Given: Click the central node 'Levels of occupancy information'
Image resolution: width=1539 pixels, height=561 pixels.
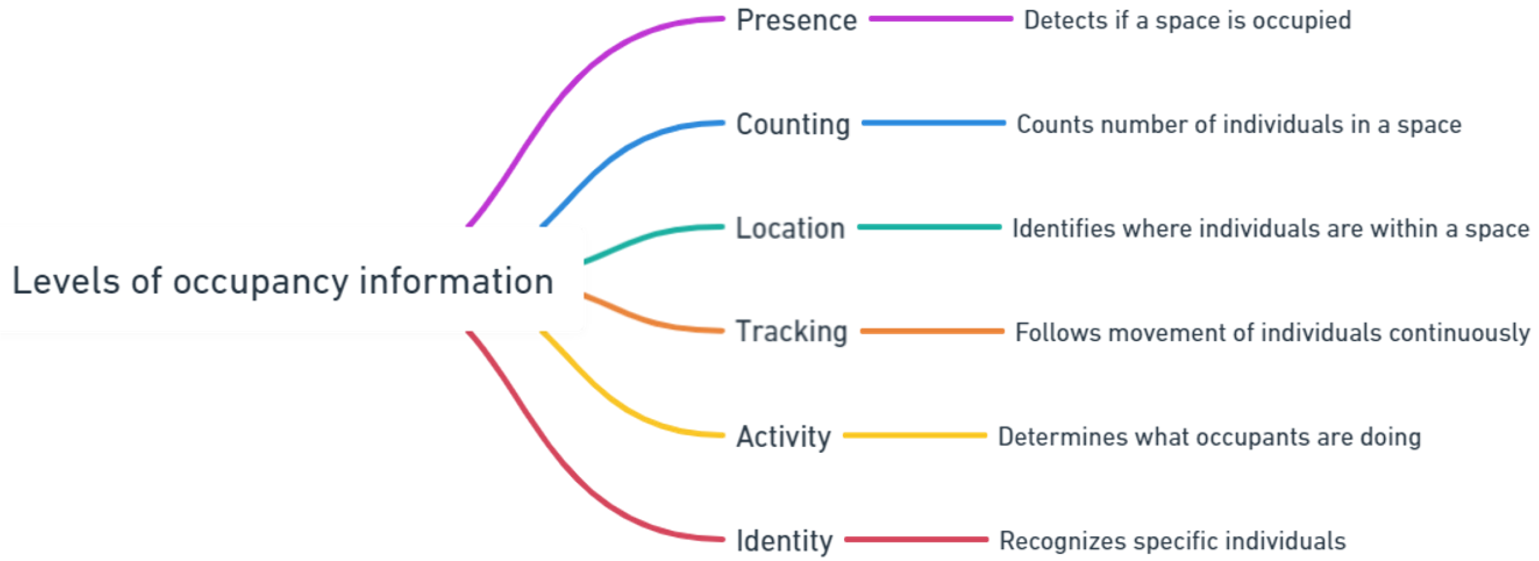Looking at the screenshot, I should click(x=283, y=280).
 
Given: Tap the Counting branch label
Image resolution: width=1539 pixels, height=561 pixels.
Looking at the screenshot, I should click(x=792, y=125).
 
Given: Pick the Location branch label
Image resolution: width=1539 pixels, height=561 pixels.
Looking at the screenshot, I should click(x=790, y=229).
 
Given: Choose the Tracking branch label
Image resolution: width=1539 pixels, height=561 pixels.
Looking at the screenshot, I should click(x=791, y=332).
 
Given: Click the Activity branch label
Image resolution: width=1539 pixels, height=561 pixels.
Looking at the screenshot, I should click(x=783, y=436).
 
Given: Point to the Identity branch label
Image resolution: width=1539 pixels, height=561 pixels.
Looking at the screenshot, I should click(x=784, y=541).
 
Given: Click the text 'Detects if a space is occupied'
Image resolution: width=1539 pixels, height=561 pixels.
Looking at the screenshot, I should click(x=1187, y=20).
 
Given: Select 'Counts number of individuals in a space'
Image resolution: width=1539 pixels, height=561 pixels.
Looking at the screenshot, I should click(x=1238, y=125).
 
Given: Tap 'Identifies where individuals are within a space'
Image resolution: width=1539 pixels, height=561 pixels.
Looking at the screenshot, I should click(x=1270, y=229).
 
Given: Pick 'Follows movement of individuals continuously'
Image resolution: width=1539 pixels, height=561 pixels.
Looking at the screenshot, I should click(x=1272, y=332).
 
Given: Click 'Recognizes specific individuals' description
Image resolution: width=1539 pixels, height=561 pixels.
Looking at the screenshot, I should click(x=1172, y=541).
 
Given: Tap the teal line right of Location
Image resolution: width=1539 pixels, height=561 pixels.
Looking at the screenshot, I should click(x=929, y=227).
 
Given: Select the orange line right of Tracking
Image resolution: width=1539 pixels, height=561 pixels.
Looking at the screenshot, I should click(x=932, y=331).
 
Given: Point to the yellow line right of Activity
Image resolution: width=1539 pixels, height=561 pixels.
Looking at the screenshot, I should click(x=915, y=435).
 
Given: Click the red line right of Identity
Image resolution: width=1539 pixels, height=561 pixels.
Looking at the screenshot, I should click(x=916, y=540).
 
